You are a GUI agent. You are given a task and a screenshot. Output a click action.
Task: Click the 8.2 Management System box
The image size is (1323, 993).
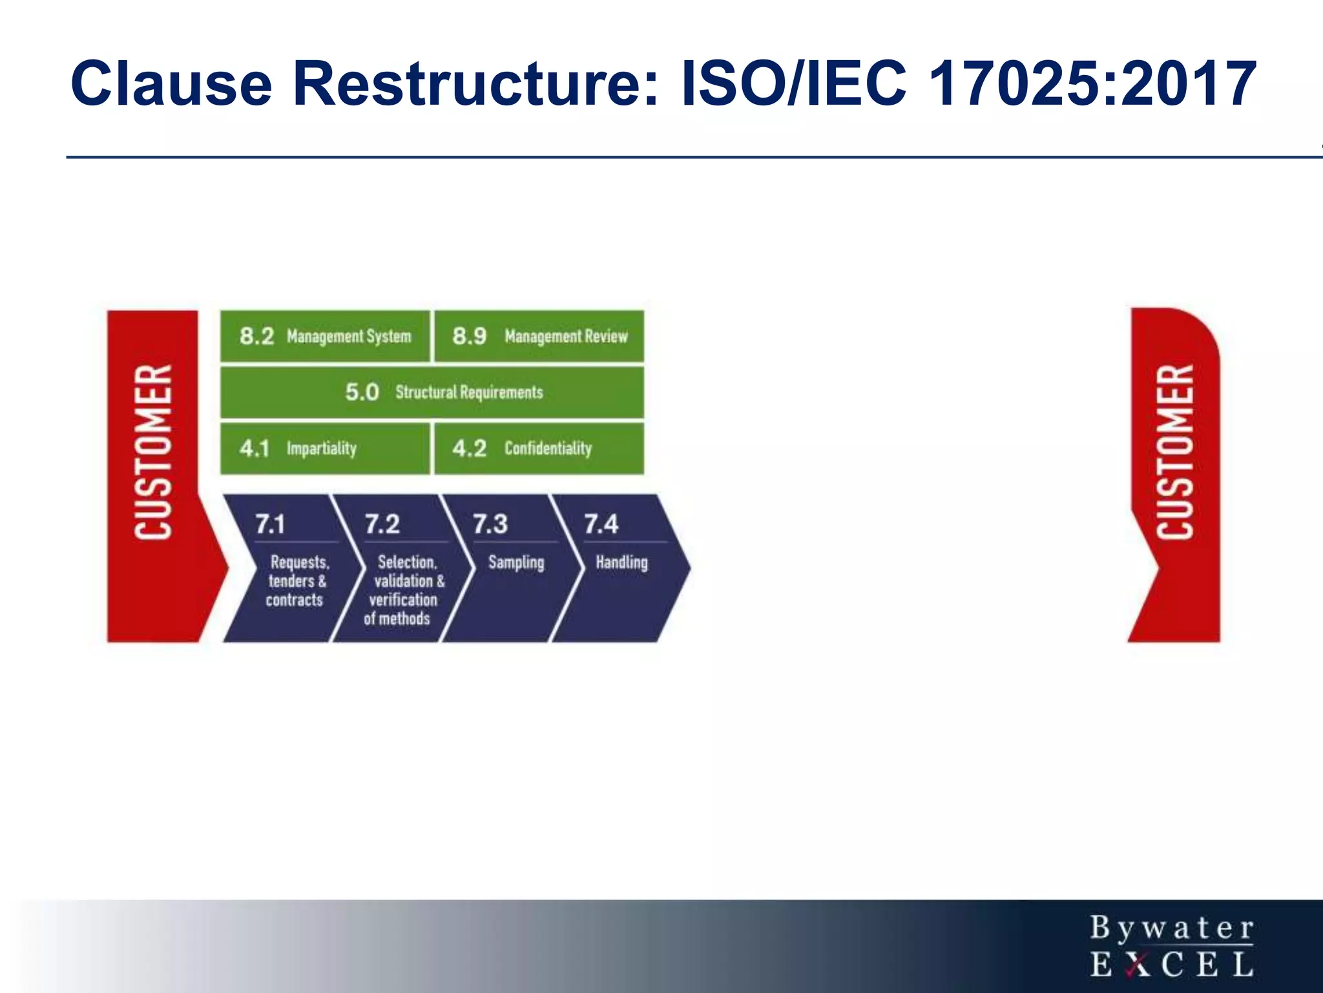coord(325,336)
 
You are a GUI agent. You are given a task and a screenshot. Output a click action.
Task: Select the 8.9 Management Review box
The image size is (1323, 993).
coord(539,336)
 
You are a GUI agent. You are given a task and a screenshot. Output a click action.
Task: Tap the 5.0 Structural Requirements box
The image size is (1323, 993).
coord(432,392)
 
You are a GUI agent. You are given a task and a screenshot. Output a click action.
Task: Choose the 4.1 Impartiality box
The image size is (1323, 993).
coord(325,449)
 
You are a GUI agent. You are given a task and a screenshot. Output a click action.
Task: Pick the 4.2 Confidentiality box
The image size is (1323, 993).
coord(539,449)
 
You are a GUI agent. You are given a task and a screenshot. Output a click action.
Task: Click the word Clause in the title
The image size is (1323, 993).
coord(172,84)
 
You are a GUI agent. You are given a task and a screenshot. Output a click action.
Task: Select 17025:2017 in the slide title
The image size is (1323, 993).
coord(1092,84)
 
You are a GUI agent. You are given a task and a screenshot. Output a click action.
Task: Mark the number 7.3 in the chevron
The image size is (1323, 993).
coord(490,524)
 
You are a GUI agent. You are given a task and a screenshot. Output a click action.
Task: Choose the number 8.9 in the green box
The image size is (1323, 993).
coord(469,336)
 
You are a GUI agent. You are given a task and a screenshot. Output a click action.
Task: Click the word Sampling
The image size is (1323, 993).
coord(516,562)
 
